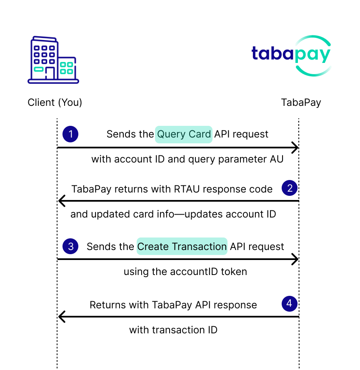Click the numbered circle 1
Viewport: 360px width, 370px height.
click(70, 134)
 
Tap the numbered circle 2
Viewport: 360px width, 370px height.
click(290, 188)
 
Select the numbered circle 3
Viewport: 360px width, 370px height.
click(70, 246)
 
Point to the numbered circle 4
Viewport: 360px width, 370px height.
click(290, 304)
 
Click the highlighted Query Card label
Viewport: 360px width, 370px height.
click(184, 134)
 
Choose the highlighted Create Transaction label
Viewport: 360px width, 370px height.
click(182, 246)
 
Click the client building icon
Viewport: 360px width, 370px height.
click(53, 60)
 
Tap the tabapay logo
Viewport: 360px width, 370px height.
click(292, 56)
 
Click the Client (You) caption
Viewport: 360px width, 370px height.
click(55, 102)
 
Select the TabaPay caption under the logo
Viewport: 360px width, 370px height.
click(301, 102)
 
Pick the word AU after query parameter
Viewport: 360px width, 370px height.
click(277, 159)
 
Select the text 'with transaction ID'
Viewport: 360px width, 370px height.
click(173, 330)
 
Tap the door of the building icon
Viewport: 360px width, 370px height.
click(50, 73)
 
